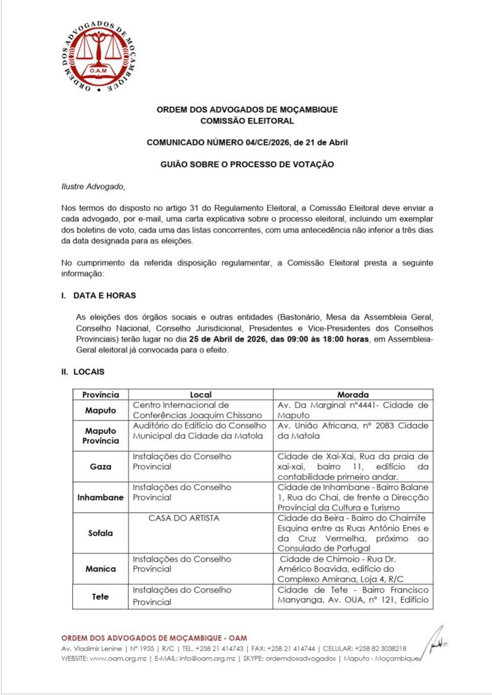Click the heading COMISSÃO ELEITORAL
click(247, 121)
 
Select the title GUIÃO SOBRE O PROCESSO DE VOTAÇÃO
click(247, 165)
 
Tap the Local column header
click(201, 395)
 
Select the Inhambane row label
click(101, 498)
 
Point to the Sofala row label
click(101, 533)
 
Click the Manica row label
click(101, 569)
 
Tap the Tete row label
click(101, 596)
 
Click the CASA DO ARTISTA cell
click(175, 518)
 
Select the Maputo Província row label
click(101, 436)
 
